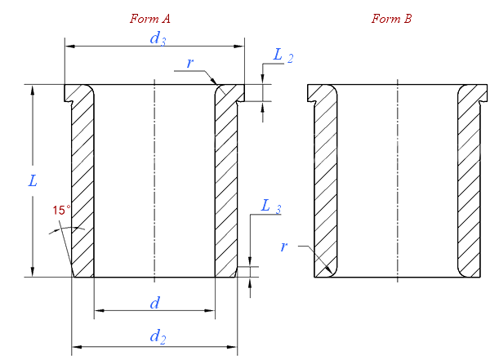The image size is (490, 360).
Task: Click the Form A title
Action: (150, 19)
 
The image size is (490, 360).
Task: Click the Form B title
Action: (391, 19)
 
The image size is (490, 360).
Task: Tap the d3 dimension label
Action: (158, 38)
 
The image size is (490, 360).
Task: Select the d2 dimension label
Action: (158, 337)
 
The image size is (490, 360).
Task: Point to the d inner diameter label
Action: (155, 303)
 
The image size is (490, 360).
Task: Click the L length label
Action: (33, 181)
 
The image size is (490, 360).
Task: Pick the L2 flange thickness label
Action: (283, 56)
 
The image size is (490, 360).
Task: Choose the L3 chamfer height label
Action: (271, 207)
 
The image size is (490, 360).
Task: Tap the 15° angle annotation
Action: (61, 211)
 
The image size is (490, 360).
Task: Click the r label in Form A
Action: (189, 63)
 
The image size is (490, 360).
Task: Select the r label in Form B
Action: (283, 247)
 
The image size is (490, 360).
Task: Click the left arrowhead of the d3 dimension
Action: (70, 47)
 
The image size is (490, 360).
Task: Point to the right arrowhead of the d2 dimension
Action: (232, 347)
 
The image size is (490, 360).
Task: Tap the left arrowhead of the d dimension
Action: (100, 311)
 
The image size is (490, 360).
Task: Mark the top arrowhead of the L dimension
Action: (33, 90)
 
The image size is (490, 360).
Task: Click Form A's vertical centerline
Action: (154, 180)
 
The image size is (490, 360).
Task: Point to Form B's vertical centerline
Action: (398, 180)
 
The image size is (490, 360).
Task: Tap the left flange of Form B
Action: (322, 93)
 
